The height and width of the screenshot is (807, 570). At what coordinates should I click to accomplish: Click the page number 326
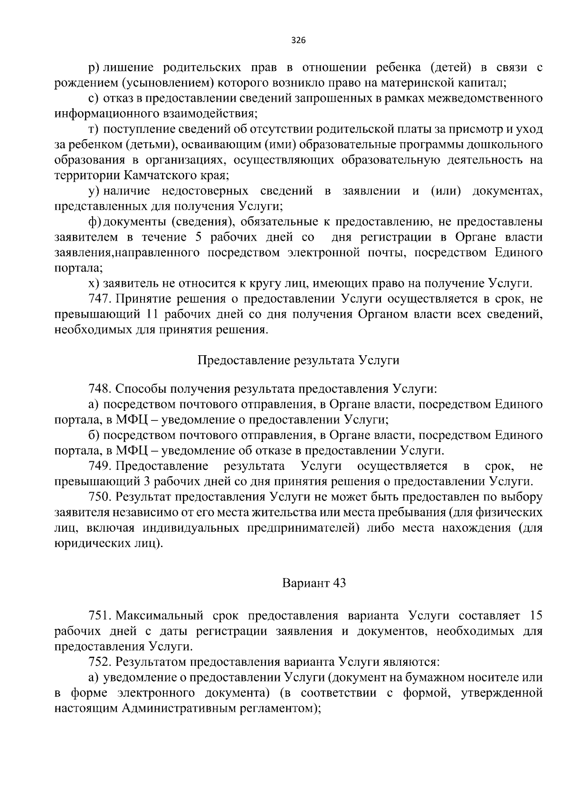tap(298, 40)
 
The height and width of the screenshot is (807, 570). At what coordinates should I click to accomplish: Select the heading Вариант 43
tap(314, 583)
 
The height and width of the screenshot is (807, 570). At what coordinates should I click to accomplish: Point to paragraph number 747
tap(99, 299)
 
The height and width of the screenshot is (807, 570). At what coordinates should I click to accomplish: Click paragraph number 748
tap(99, 389)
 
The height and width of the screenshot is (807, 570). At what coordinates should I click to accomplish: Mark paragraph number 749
tap(99, 466)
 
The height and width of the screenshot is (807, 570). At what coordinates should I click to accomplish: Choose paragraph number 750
tap(99, 497)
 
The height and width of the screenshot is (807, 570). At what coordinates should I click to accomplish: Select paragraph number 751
tap(99, 616)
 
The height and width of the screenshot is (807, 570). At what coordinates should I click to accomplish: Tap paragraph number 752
tap(99, 661)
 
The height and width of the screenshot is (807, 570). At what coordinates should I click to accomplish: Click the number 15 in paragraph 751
tap(535, 616)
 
